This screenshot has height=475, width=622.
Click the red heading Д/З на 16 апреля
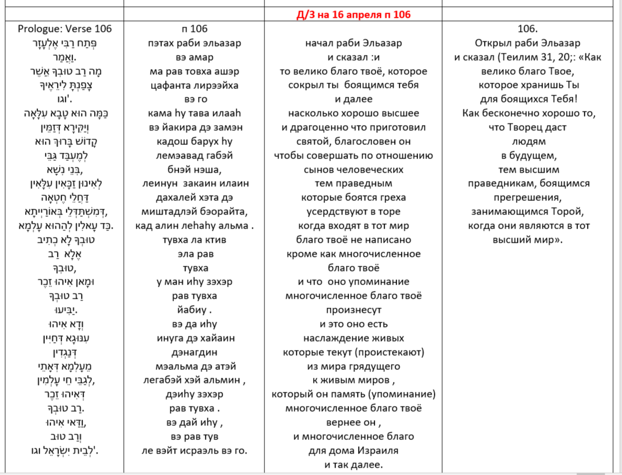click(354, 14)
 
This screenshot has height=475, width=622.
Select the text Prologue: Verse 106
click(65, 29)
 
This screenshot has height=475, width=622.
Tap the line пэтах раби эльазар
click(194, 43)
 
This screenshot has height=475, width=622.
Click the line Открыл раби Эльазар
click(527, 43)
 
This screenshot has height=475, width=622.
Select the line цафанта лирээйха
click(194, 85)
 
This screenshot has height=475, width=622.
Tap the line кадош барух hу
click(194, 141)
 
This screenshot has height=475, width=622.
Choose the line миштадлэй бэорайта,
click(194, 211)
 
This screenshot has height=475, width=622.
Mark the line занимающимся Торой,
click(527, 211)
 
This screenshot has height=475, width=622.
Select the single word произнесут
click(354, 310)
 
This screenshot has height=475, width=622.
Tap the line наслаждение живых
click(354, 338)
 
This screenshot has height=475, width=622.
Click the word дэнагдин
click(194, 352)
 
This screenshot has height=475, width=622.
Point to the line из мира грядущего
click(354, 366)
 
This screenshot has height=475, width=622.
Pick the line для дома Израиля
click(354, 450)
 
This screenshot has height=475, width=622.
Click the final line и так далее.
click(354, 465)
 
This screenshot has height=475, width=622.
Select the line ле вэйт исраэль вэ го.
click(194, 450)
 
